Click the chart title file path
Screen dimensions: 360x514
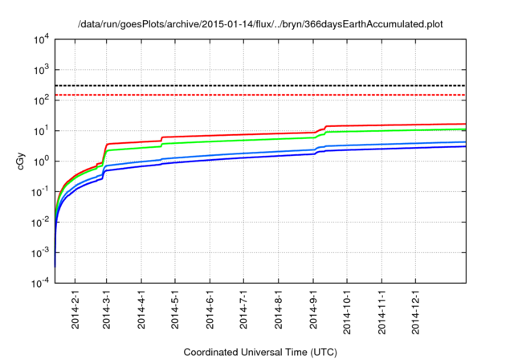pyautogui.click(x=260, y=23)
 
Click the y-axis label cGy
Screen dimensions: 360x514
pyautogui.click(x=22, y=161)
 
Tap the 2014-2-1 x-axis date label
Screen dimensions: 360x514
pyautogui.click(x=75, y=308)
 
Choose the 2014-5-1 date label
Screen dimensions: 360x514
pyautogui.click(x=175, y=308)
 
